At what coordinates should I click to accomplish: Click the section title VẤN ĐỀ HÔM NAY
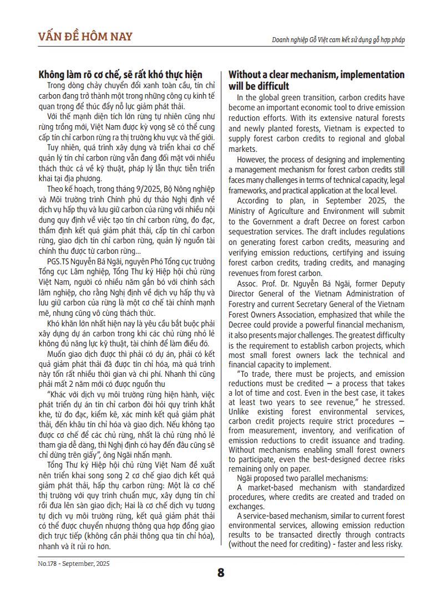click(x=85, y=37)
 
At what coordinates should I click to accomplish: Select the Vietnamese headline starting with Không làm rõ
click(x=120, y=75)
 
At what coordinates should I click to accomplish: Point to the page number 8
click(x=221, y=573)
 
